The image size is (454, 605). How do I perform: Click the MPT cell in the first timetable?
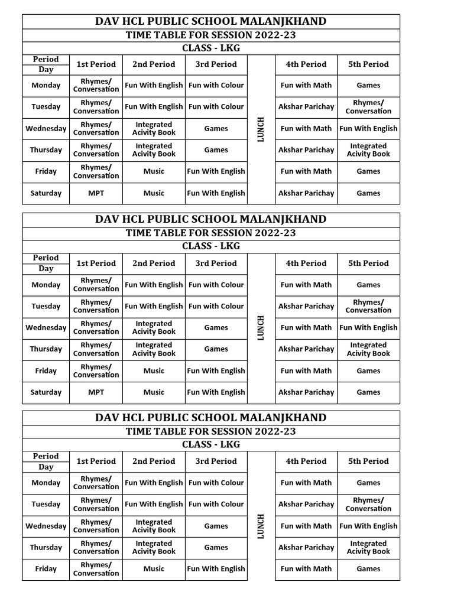[96, 193]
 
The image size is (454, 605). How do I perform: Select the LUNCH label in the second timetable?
[261, 328]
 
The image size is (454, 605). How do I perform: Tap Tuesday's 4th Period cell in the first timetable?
[306, 107]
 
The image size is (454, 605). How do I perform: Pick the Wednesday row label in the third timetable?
[46, 526]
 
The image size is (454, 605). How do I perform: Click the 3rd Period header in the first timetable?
[216, 64]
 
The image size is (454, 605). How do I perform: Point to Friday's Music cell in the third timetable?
[154, 569]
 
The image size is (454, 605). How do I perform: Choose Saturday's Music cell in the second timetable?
[154, 392]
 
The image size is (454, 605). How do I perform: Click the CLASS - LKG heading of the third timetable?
[211, 444]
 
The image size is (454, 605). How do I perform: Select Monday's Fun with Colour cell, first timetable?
[216, 85]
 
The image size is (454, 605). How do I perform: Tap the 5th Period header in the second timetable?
[368, 264]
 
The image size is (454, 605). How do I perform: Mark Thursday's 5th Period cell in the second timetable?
[368, 349]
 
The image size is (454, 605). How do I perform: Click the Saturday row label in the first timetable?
[46, 193]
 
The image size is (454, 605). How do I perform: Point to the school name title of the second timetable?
[211, 219]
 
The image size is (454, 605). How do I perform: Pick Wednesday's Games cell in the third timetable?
[216, 526]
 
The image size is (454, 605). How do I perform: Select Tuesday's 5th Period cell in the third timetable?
[368, 505]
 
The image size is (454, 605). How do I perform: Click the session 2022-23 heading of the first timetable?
[211, 35]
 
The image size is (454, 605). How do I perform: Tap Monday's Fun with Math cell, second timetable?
[306, 285]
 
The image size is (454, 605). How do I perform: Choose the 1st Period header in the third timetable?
[96, 461]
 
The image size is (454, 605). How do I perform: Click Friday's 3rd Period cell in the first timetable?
[216, 171]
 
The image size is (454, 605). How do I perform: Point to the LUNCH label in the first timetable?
[261, 129]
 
